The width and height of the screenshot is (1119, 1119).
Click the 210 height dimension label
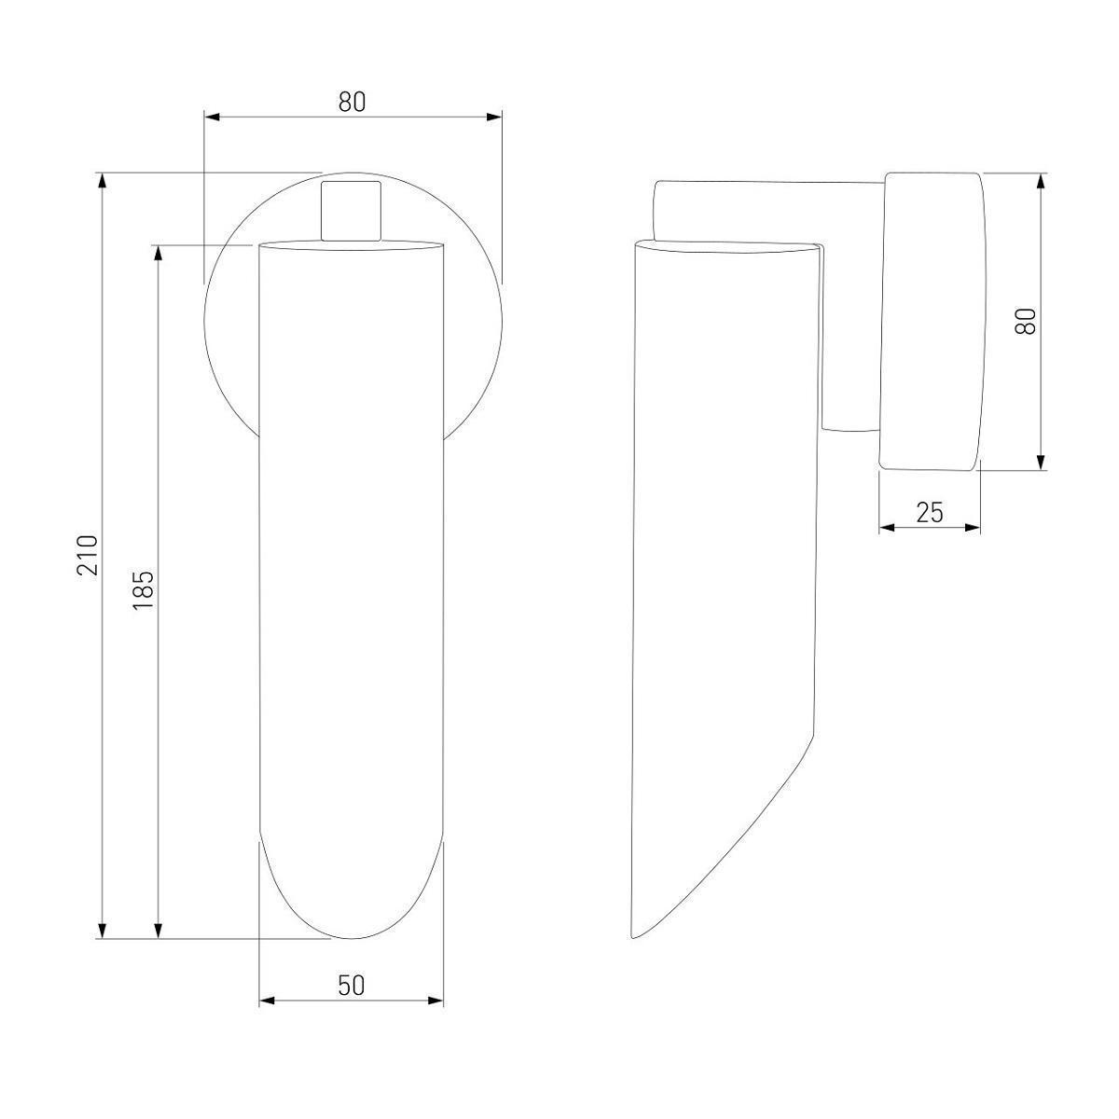click(x=88, y=555)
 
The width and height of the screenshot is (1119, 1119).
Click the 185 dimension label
click(x=143, y=590)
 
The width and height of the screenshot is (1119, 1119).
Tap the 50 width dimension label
click(x=352, y=986)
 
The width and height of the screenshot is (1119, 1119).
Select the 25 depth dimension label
click(x=930, y=512)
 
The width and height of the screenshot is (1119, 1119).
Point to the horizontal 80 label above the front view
click(x=352, y=103)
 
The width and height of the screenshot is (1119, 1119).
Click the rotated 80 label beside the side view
click(x=1026, y=321)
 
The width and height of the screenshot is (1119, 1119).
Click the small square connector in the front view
click(x=352, y=211)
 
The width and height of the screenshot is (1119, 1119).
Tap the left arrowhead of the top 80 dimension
click(x=212, y=117)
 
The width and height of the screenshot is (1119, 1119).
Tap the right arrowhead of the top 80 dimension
click(x=493, y=117)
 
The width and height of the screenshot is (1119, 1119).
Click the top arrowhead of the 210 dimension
click(x=103, y=181)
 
